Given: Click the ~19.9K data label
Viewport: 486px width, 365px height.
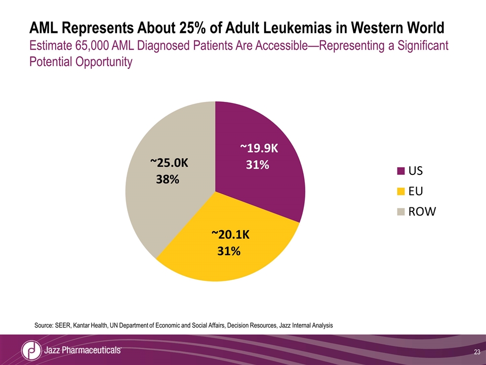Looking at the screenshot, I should pos(259,148).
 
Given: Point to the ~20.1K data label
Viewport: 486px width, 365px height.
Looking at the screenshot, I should pos(231,234).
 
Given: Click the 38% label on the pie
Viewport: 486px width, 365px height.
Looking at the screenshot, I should pos(167,179).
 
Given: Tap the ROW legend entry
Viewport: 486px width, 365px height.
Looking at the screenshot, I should pos(422,212).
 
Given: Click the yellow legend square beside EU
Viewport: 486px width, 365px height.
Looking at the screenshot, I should pos(401,192).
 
